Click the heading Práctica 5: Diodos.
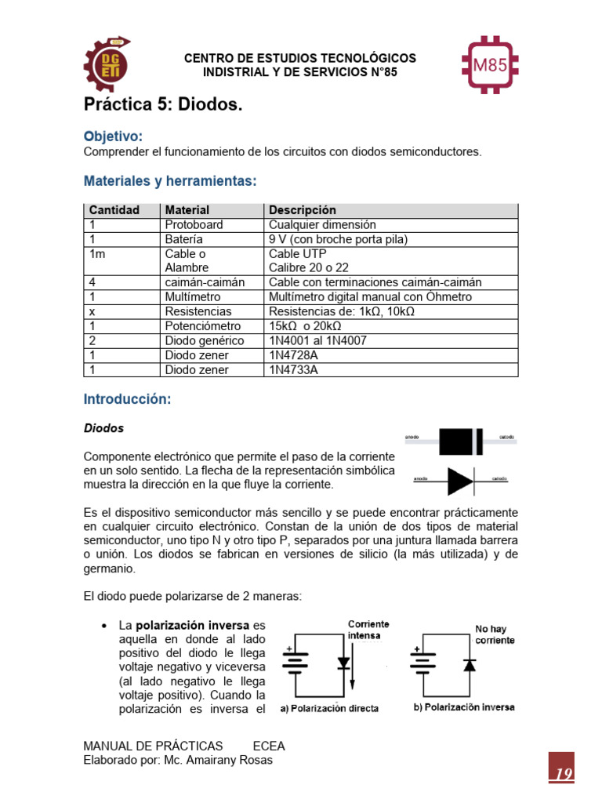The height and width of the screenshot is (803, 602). pyautogui.click(x=164, y=105)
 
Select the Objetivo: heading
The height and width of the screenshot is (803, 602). pyautogui.click(x=113, y=136)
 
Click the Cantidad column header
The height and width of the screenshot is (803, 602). pyautogui.click(x=114, y=210)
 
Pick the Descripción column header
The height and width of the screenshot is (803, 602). pyautogui.click(x=303, y=210)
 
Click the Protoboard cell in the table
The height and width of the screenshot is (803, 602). pyautogui.click(x=194, y=224)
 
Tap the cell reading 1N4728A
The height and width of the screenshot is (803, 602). pyautogui.click(x=295, y=355)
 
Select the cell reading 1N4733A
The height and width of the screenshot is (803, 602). pyautogui.click(x=295, y=369)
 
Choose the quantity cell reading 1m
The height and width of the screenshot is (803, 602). pyautogui.click(x=97, y=253)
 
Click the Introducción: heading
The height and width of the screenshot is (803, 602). pyautogui.click(x=127, y=399)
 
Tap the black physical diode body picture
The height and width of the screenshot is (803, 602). pyautogui.click(x=461, y=441)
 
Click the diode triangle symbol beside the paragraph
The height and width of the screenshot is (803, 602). pyautogui.click(x=460, y=481)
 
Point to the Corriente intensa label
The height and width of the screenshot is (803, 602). pyautogui.click(x=369, y=630)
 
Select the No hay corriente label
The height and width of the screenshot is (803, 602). pyautogui.click(x=495, y=634)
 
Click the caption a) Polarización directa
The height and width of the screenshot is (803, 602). pyautogui.click(x=330, y=708)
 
